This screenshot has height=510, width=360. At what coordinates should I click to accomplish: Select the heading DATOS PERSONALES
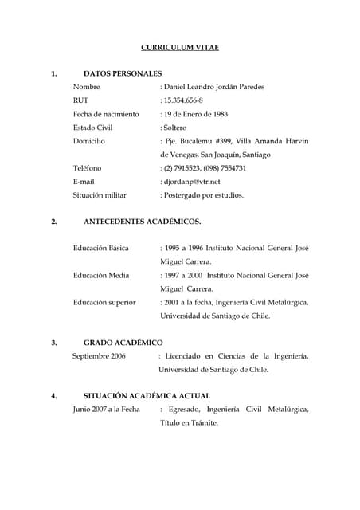pos(123,73)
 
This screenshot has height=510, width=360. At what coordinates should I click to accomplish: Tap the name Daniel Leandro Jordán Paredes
pos(213,87)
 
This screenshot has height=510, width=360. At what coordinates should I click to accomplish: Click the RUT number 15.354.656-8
pos(183,100)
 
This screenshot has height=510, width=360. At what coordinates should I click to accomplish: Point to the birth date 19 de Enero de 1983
pos(196,114)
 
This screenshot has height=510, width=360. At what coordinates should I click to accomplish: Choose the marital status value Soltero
pos(175,127)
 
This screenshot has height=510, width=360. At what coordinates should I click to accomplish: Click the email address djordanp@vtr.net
pos(192,182)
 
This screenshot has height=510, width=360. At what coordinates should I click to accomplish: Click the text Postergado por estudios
pos(204,195)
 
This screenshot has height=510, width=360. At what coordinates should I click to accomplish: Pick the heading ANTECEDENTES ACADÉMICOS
pos(142,221)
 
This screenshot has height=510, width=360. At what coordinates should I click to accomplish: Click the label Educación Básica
pos(100,248)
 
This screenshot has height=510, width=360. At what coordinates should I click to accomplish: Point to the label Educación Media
pos(100,275)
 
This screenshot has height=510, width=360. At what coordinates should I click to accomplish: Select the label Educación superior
pos(104,302)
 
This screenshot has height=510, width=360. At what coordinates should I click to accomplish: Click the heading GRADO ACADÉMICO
pos(123,343)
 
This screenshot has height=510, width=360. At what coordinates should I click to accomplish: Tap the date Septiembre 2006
pos(99,356)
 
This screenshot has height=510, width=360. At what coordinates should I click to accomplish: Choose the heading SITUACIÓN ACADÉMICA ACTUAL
pos(147,396)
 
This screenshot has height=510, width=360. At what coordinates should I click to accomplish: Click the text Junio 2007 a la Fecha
pos(106,410)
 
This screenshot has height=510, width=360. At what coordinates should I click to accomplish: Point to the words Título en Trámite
pos(189,423)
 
